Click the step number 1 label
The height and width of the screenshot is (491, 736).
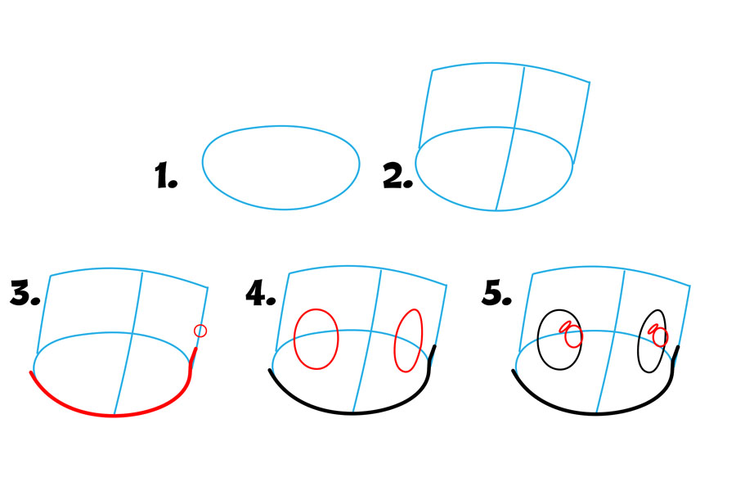(x=166, y=175)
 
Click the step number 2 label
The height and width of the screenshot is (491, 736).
(x=397, y=175)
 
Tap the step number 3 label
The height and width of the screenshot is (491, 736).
(x=25, y=293)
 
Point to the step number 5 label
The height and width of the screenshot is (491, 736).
(x=496, y=293)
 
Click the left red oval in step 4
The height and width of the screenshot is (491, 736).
(x=294, y=338)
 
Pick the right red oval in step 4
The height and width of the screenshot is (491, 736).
(x=395, y=340)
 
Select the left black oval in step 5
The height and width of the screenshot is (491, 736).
(x=538, y=340)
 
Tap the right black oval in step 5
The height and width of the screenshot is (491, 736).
(x=639, y=341)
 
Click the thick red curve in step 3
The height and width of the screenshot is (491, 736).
(x=114, y=416)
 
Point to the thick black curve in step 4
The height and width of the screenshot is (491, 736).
(x=352, y=412)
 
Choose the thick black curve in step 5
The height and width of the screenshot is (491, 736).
(x=595, y=413)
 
